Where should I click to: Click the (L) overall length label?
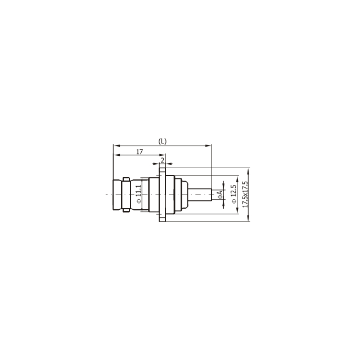162,141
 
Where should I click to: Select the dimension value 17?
139,152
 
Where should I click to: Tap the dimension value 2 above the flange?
162,161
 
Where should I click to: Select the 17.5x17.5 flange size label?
245,195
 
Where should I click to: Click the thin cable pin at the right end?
199,195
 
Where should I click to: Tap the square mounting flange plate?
162,195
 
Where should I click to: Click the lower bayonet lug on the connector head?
126,211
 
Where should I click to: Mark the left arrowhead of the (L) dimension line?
115,145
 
